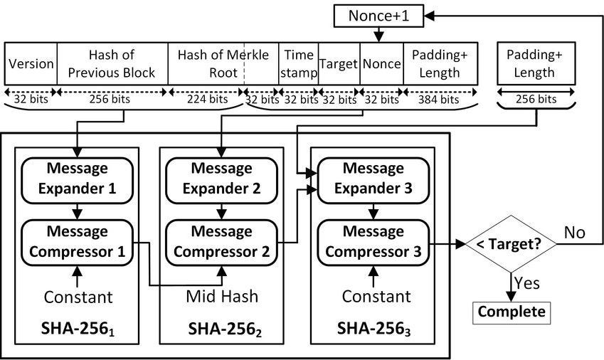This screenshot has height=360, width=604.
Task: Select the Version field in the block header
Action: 31,64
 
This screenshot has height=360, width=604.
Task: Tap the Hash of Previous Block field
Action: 112,64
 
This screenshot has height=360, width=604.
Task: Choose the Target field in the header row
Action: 339,64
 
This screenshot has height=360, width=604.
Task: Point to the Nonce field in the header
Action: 381,64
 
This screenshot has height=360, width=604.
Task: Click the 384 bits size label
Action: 440,100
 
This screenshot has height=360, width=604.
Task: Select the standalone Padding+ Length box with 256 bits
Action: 526,64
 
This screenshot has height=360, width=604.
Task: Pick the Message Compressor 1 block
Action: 77,242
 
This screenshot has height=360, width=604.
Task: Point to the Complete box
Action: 511,312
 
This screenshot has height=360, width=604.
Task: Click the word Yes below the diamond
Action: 526,283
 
